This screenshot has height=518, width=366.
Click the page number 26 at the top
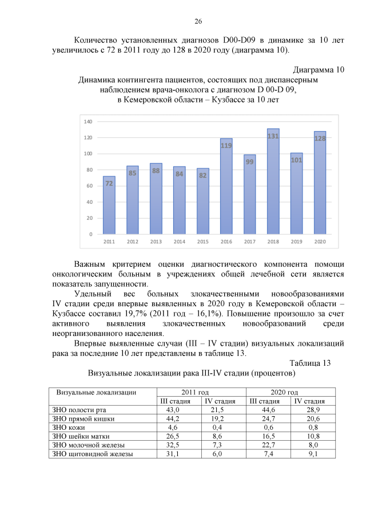(198, 22)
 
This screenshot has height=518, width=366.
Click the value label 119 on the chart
(226, 145)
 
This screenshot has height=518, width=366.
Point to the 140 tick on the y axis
(88, 122)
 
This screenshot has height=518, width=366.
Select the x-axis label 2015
(203, 242)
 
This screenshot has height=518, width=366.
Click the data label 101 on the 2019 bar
(296, 160)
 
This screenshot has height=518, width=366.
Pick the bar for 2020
(320, 183)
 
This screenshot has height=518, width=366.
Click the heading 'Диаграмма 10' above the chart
(318, 70)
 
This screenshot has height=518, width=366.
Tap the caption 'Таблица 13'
(310, 363)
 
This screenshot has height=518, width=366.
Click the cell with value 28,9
(313, 410)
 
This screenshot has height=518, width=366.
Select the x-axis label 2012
(133, 242)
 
